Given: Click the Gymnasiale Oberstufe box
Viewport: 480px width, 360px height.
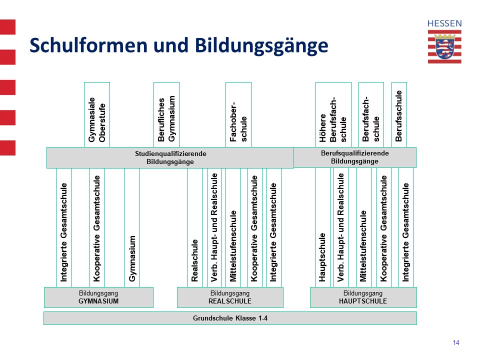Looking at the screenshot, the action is [96, 115].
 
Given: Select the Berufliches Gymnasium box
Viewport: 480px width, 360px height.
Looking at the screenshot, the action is [166, 115].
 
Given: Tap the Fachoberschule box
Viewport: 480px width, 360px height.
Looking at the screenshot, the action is [238, 115].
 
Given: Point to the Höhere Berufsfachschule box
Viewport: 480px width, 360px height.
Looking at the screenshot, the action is [333, 115].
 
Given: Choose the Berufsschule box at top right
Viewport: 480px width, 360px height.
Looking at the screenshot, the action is [399, 115].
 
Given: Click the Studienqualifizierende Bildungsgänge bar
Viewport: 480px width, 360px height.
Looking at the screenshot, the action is [170, 157].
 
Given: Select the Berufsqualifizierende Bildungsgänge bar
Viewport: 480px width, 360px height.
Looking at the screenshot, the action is [355, 157].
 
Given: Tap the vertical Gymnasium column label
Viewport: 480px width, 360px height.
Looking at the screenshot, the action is [132, 258].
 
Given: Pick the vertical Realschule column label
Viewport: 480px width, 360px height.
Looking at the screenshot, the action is [194, 260].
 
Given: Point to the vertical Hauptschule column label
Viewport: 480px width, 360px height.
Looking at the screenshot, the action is [322, 257].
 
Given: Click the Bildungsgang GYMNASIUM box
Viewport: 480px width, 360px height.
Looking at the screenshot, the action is [98, 297].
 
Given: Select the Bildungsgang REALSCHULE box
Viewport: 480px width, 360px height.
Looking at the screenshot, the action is [230, 297].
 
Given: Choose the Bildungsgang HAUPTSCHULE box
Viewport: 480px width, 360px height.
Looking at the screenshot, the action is [363, 297].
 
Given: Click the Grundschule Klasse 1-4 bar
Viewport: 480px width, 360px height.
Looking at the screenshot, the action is [230, 318].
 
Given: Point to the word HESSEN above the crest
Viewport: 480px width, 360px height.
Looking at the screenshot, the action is [444, 23].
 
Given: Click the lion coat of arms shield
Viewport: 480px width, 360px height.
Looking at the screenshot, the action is [444, 47].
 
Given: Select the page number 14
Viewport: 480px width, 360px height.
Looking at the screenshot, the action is [456, 342].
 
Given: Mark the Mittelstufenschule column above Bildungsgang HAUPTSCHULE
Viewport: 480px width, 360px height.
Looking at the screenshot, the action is [363, 228].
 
